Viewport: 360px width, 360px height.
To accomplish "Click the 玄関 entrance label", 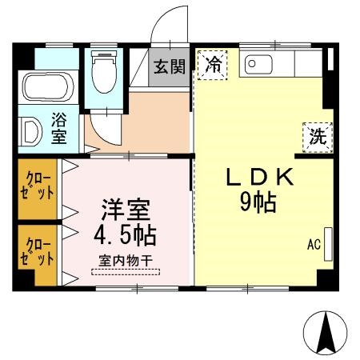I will [170, 66].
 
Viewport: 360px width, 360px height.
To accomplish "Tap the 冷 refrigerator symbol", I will [212, 64].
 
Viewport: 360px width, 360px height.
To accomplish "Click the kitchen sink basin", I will [257, 63].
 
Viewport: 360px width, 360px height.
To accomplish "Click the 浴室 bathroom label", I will [60, 129].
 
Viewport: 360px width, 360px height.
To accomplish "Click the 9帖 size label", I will [258, 203].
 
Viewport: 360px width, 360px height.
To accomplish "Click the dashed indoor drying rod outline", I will [125, 271].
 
